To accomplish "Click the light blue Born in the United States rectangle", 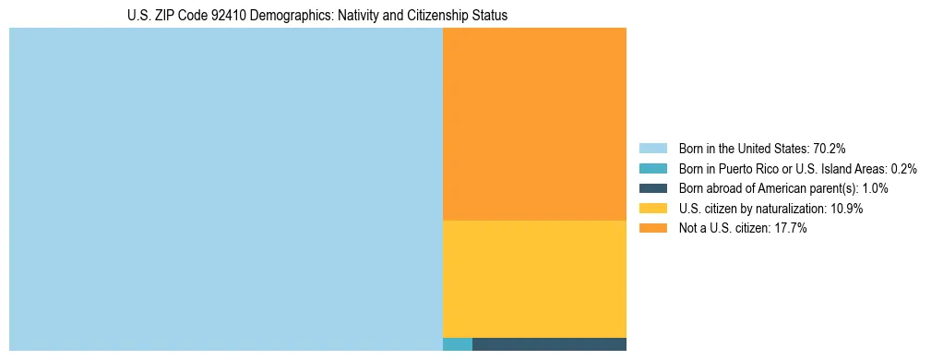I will [x=226, y=189].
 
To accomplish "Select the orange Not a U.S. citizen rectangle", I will [x=534, y=124].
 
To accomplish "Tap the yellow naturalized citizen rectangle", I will [x=534, y=279].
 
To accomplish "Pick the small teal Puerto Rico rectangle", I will [x=458, y=344].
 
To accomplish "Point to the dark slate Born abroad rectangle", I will [x=549, y=344].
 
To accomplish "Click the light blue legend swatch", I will [x=652, y=149].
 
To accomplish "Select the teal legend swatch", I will [x=652, y=169].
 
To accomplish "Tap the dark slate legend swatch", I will [x=652, y=188].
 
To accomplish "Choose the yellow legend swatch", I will [x=652, y=209].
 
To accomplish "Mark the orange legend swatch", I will [x=652, y=228].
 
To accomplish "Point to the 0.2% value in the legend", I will [x=904, y=169].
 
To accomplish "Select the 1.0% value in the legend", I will [x=875, y=188].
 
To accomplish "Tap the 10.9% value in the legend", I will [x=847, y=209].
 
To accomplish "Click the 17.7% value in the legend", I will [x=791, y=228].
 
